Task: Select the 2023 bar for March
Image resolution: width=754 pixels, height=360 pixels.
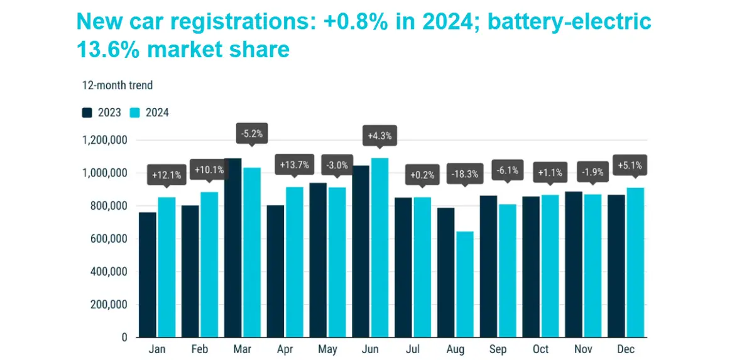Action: pyautogui.click(x=233, y=248)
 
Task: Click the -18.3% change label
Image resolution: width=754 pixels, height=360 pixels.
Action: pyautogui.click(x=464, y=173)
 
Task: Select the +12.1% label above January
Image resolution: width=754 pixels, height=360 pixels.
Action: pyautogui.click(x=167, y=174)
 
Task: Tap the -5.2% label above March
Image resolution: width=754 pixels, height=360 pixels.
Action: pyautogui.click(x=251, y=133)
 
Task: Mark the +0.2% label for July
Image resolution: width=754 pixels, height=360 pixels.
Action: pyautogui.click(x=422, y=174)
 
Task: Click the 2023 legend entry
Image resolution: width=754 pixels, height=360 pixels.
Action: pyautogui.click(x=102, y=113)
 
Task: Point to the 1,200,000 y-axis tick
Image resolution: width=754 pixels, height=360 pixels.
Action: pyautogui.click(x=105, y=140)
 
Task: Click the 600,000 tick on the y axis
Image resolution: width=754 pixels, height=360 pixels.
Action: pyautogui.click(x=110, y=239)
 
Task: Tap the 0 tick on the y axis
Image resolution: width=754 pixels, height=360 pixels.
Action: pyautogui.click(x=124, y=337)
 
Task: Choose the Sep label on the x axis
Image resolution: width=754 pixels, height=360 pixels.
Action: pyautogui.click(x=498, y=349)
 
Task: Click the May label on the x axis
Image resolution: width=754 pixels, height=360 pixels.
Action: pyautogui.click(x=327, y=349)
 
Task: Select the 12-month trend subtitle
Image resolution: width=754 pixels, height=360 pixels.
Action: pyautogui.click(x=117, y=85)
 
